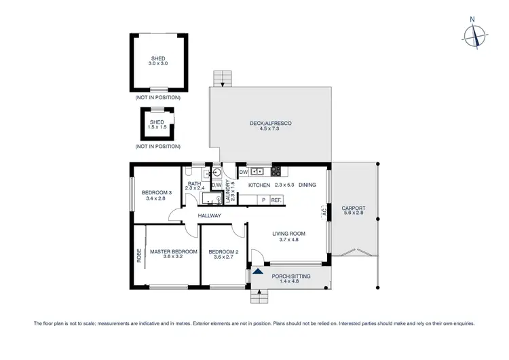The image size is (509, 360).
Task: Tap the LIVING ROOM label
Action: point(288,234)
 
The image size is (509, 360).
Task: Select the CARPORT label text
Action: point(354,208)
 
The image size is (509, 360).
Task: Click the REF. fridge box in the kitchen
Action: point(276,200)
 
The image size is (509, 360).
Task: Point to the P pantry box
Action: point(263,200)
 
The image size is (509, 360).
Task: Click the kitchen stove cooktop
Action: point(276,172)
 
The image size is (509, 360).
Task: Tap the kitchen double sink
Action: point(258,172)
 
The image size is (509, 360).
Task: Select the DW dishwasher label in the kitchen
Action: point(243,173)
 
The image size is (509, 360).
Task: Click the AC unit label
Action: point(324,212)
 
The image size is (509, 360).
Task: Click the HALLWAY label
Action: point(210,216)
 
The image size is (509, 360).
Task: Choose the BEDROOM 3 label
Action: point(157,193)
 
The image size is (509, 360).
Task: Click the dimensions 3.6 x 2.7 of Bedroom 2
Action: point(224,257)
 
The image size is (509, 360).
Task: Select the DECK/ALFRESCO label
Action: point(270,123)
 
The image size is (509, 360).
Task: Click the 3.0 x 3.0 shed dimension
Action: point(158,62)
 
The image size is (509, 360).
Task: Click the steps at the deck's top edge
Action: point(221,78)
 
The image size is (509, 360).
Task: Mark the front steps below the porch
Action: point(260,296)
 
